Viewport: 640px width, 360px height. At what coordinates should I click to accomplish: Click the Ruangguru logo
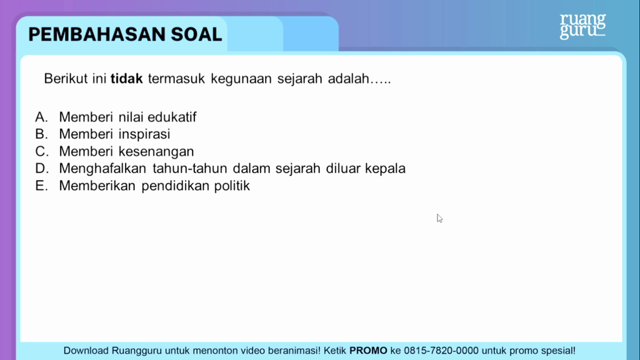coord(582,26)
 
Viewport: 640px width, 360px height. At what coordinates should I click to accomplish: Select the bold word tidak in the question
coord(126,78)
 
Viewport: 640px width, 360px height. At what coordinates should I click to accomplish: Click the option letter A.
coord(41,117)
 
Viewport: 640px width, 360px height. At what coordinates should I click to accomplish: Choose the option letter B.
coord(41,134)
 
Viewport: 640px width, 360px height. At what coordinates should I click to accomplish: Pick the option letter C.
coord(42,151)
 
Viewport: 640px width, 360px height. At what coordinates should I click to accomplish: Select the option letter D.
coord(42,168)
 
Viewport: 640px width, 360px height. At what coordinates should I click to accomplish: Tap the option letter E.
coord(41,186)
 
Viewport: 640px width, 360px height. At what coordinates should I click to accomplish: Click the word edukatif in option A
coord(172,117)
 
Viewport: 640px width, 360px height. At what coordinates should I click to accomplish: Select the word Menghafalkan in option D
coord(102,169)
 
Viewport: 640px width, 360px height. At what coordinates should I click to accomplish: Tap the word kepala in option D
coord(385,169)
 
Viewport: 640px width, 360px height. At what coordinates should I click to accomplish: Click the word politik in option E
coord(232,186)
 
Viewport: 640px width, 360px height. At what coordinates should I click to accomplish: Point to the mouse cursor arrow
coord(439,218)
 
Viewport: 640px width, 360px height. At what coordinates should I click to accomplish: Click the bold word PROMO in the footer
coord(368,351)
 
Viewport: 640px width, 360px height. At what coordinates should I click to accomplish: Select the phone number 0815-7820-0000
coord(441,351)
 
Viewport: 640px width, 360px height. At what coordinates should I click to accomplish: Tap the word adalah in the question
coord(348,78)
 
